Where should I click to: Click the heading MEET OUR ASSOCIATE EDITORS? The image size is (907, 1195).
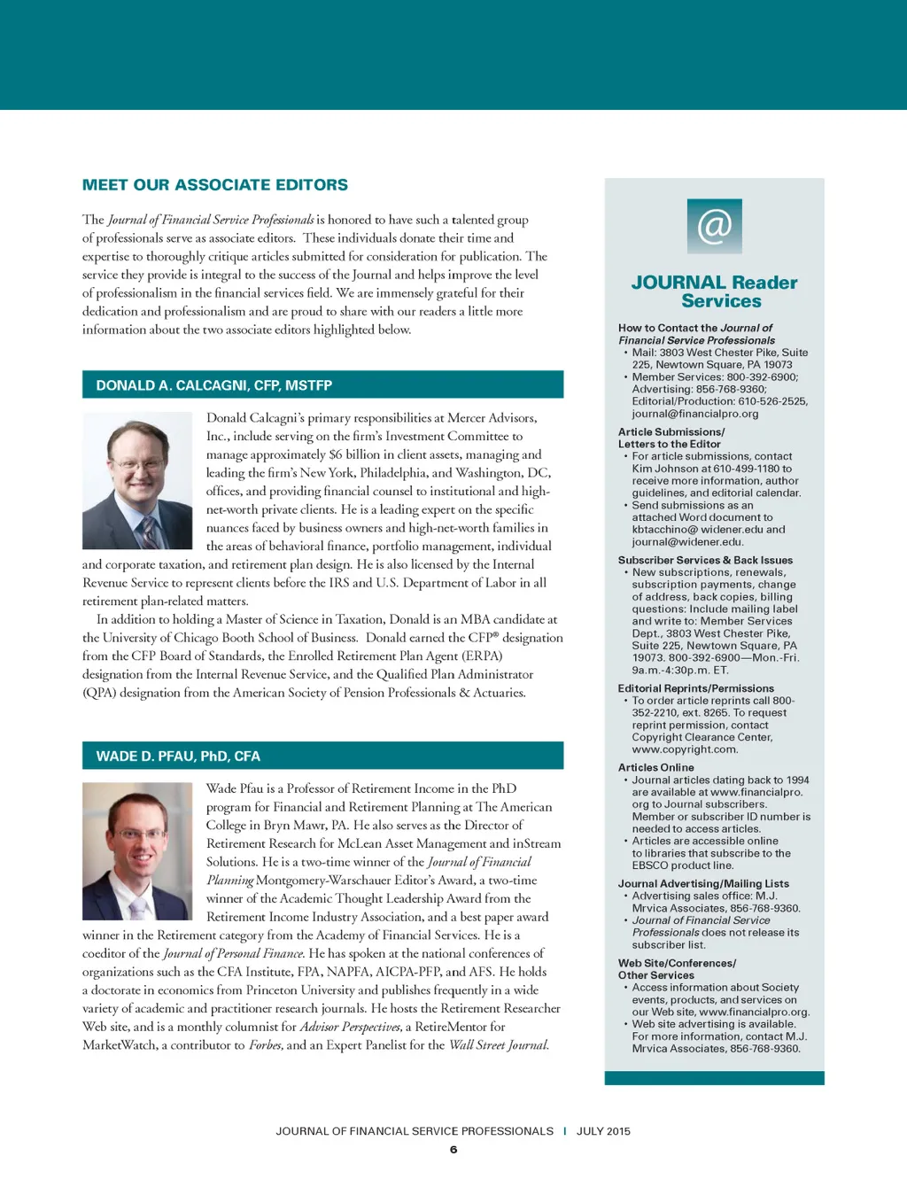[x=215, y=185]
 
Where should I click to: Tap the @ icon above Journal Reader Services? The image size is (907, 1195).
[x=714, y=226]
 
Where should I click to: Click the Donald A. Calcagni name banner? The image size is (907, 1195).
[x=322, y=385]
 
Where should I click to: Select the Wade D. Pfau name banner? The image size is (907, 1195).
[x=322, y=756]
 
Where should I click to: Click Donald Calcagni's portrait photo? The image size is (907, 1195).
[x=137, y=481]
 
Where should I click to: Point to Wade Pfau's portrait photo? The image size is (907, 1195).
[x=137, y=850]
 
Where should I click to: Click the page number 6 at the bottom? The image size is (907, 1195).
[x=453, y=1150]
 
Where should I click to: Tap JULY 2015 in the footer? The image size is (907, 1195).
[x=603, y=1131]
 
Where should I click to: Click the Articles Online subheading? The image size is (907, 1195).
[x=656, y=767]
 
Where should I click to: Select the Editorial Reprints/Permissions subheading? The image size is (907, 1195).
[x=696, y=688]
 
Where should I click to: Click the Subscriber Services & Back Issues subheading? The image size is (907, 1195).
[x=705, y=560]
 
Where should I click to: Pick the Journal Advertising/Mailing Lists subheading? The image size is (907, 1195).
[x=703, y=883]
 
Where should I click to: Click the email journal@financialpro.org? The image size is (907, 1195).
[x=695, y=414]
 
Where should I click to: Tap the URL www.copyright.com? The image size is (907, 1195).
[x=685, y=749]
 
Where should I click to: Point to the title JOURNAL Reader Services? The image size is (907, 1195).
[x=714, y=291]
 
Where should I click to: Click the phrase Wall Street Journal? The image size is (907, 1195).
[x=499, y=1045]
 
